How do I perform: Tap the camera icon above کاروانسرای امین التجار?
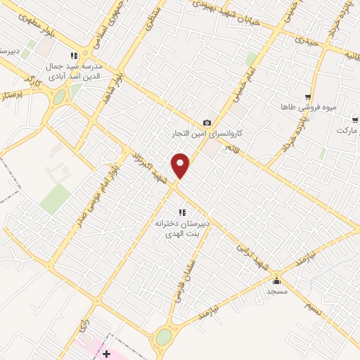pyautogui.click(x=207, y=123)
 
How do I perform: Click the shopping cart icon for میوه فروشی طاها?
pyautogui.click(x=307, y=97)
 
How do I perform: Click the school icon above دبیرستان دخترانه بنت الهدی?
pyautogui.click(x=182, y=212)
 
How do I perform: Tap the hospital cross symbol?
pyautogui.click(x=105, y=352)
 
